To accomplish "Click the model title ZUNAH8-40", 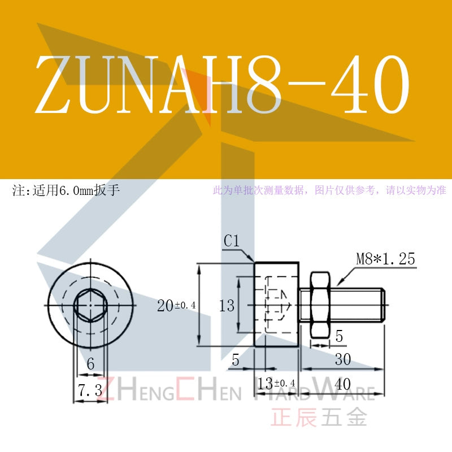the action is pos(222,84).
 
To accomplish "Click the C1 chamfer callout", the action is pos(232,241).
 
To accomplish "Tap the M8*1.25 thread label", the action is pos(385,259).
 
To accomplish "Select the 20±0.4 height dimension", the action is pos(176,305).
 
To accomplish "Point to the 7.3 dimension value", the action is pos(90,390).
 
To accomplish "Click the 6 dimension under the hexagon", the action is pos(90,363).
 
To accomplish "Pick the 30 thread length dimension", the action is pos(343,359).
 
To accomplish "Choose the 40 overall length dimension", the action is pos(343,384).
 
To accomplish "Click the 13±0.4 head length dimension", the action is pos(276,384).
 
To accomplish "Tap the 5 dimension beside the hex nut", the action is pos(339,336).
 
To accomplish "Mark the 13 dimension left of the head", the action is pos(227,306).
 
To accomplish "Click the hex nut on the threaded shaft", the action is pos(320,305).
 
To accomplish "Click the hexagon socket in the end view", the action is pos(90,305).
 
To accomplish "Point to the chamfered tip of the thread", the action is pos(383,305).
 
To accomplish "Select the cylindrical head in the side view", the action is pos(276,304).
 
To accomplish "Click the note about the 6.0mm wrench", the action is pos(66,190).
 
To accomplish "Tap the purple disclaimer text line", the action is pos(329,190).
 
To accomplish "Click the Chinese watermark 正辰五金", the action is pos(319,417).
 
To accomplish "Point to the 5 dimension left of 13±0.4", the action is pos(236,360).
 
